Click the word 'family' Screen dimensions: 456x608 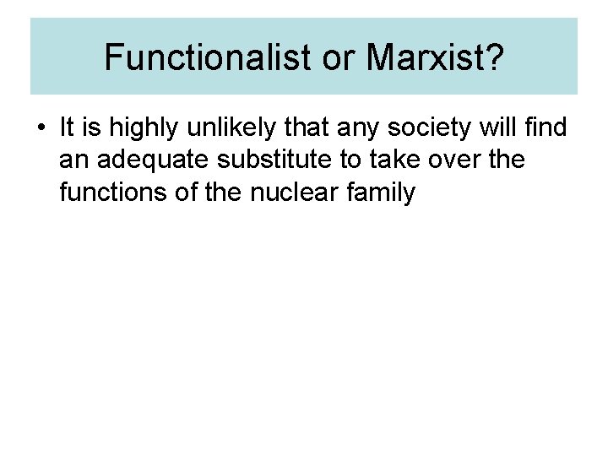[x=383, y=193]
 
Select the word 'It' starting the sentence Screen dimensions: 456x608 [x=67, y=128]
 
